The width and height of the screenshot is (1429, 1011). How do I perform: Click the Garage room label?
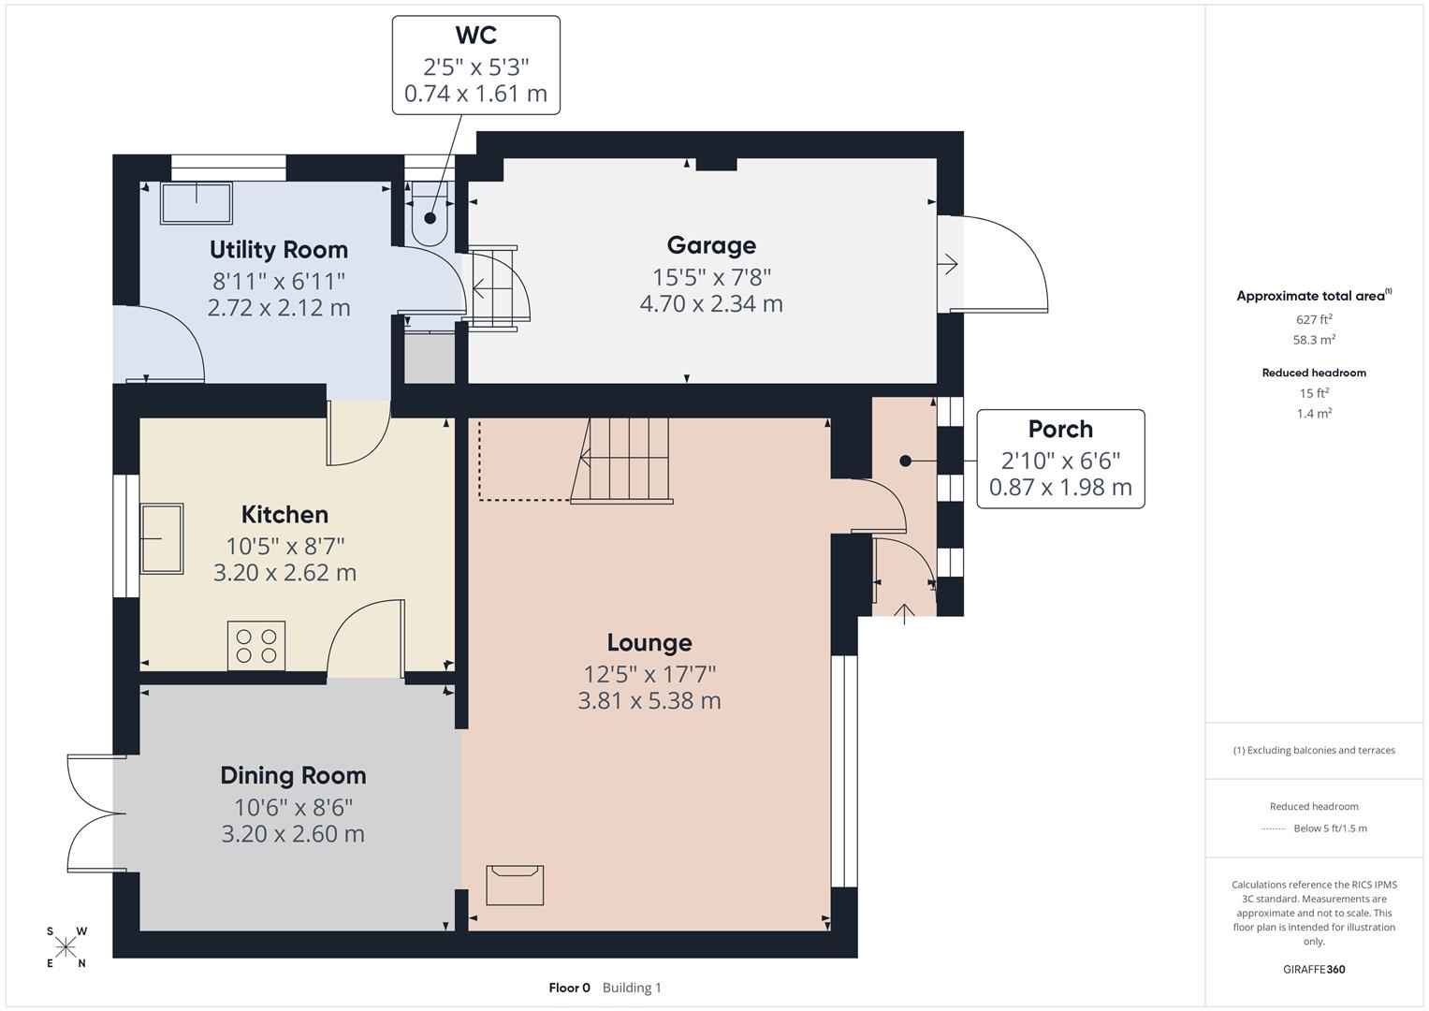(x=711, y=245)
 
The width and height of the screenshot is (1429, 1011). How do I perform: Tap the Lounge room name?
(x=649, y=642)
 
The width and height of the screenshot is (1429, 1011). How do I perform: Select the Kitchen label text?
(x=284, y=514)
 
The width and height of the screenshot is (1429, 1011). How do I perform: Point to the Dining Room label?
(x=293, y=775)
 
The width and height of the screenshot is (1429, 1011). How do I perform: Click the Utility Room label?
(x=278, y=250)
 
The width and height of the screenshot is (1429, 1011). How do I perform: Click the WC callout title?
(x=475, y=36)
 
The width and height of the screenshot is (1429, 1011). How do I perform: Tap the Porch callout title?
(x=1060, y=429)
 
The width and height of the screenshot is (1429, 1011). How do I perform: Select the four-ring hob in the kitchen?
(x=256, y=646)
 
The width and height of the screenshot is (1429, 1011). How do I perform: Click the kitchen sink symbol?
(x=162, y=538)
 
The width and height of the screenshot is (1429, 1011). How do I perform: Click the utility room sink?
(x=197, y=203)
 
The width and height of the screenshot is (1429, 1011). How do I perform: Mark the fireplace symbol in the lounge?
(x=515, y=885)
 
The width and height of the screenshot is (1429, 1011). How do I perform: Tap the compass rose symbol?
(x=66, y=947)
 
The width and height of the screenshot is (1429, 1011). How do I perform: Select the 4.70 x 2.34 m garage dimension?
(x=711, y=303)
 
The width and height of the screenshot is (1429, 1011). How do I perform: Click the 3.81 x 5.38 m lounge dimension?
(x=649, y=700)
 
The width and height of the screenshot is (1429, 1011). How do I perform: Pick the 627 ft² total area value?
(x=1314, y=319)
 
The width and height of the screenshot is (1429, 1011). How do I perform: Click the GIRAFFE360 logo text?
(x=1314, y=969)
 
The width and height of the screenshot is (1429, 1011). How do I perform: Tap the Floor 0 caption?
(x=569, y=988)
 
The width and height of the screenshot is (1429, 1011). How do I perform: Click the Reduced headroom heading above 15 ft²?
(x=1314, y=373)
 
